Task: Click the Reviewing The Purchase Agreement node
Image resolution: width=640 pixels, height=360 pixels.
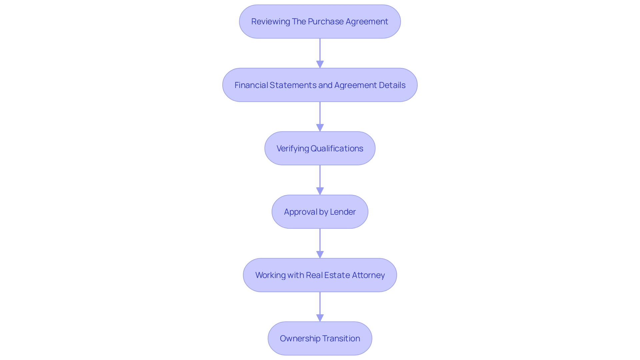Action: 320,22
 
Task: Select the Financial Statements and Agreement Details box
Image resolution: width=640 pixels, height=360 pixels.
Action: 320,85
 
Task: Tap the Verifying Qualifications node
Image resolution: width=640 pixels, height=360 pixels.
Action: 320,148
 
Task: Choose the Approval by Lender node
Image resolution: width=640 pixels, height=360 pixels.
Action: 320,212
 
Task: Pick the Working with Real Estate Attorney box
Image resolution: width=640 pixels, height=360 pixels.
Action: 320,275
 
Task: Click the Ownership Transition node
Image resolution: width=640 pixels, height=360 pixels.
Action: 320,338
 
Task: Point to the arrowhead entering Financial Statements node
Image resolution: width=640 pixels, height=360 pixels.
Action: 320,64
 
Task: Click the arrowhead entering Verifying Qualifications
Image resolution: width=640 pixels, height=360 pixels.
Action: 320,127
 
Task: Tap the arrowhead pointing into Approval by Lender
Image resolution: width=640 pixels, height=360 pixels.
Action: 320,191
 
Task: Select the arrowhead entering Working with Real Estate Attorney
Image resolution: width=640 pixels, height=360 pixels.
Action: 320,254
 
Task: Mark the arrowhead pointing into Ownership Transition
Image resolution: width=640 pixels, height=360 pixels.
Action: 320,317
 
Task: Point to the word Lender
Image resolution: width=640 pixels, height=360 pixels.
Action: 343,212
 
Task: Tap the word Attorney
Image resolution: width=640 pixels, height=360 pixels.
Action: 368,275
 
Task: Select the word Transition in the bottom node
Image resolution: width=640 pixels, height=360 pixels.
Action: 341,338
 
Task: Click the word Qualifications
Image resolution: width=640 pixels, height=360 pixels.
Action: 337,148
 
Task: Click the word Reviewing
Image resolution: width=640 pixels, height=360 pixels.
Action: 270,22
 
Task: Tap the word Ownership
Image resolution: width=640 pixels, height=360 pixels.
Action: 300,338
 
